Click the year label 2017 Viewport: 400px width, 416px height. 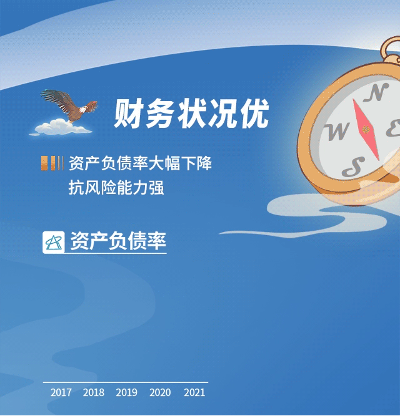point(61,392)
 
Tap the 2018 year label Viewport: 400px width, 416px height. point(94,392)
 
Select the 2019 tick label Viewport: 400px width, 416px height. point(126,392)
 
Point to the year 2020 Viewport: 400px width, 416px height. point(160,392)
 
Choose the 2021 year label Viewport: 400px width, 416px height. point(194,392)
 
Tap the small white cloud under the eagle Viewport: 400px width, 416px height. point(61,127)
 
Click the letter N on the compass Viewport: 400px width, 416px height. point(376,92)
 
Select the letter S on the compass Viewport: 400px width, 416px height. point(353,167)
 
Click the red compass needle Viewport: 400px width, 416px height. point(366,130)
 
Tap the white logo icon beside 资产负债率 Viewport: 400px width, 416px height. point(53,242)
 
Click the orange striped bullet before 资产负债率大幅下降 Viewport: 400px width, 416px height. point(52,163)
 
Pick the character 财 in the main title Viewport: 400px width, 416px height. point(129,114)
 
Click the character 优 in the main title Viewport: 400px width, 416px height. point(254,114)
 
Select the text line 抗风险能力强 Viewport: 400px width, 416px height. point(116,187)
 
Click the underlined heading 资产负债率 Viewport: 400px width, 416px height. point(118,241)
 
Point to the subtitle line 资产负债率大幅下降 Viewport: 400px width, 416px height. point(141,163)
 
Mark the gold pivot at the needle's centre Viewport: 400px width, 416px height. point(366,130)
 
